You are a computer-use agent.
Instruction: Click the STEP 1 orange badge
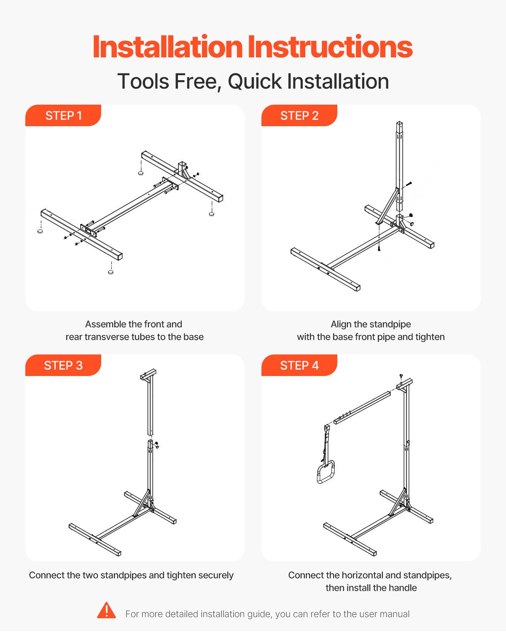pyautogui.click(x=63, y=116)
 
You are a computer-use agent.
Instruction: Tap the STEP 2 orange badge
pyautogui.click(x=299, y=116)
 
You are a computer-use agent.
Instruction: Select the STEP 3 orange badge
pyautogui.click(x=63, y=365)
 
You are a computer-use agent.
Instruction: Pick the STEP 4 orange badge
pyautogui.click(x=299, y=365)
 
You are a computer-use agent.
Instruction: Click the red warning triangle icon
pyautogui.click(x=106, y=610)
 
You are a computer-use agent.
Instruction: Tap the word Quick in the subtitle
pyautogui.click(x=255, y=81)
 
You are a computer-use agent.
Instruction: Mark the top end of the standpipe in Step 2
pyautogui.click(x=399, y=122)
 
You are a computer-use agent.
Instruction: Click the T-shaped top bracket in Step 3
pyautogui.click(x=148, y=374)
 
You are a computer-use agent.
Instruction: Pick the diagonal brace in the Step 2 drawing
pyautogui.click(x=386, y=207)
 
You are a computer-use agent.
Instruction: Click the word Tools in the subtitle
pyautogui.click(x=143, y=81)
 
